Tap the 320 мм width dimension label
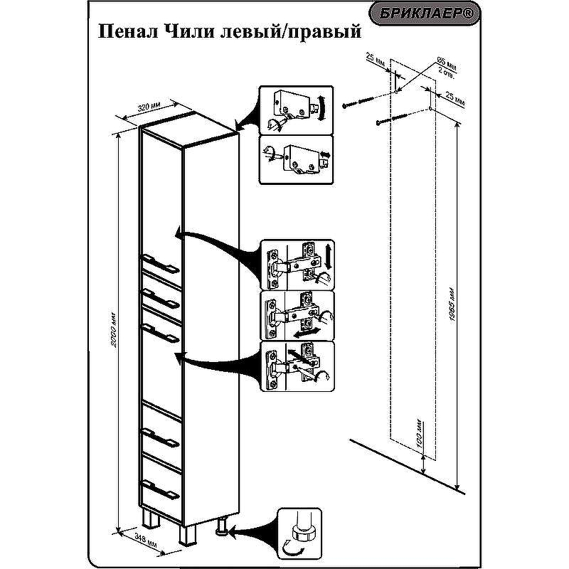pos(149,107)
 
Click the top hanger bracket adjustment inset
pos(295,110)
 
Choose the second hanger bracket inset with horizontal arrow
pos(295,159)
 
